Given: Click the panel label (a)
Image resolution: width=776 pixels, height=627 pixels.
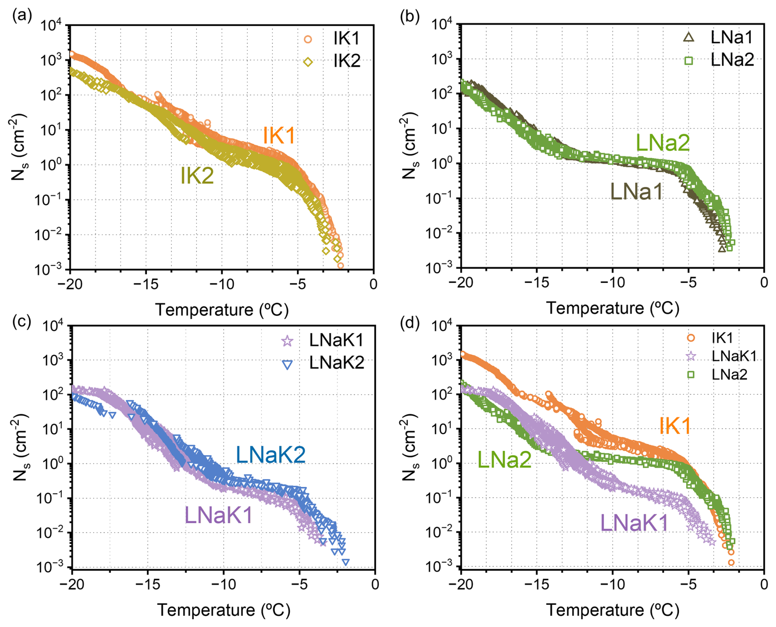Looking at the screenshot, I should click(x=22, y=16).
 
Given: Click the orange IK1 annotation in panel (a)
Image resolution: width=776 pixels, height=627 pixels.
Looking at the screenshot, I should click(x=278, y=136).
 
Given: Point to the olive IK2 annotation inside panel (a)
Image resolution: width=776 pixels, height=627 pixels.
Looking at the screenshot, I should click(x=197, y=176).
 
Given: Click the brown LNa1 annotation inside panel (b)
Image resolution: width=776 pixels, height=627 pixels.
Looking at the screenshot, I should click(x=636, y=192).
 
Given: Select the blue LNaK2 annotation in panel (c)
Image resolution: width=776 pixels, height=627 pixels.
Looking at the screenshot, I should click(x=271, y=455).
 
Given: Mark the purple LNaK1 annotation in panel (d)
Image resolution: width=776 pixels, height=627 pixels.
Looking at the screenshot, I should click(x=634, y=523).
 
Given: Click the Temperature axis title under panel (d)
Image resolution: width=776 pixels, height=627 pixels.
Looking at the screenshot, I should click(x=612, y=610).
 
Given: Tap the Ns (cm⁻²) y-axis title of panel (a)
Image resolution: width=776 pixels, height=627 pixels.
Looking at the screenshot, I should click(x=19, y=147).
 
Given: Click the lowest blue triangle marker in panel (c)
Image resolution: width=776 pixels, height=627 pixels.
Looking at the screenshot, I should click(x=346, y=562).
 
